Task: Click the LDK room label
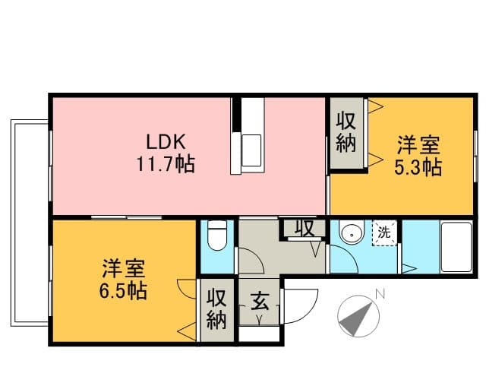coord(166,142)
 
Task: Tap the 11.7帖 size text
coord(166,164)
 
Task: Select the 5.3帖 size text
coord(418,167)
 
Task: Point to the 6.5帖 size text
coord(123,291)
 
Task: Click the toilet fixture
coord(217,235)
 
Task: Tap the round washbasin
coord(352,232)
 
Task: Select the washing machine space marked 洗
coord(384,232)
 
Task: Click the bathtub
coord(456,247)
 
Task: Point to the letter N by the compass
coord(380,294)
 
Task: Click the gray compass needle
coord(356,319)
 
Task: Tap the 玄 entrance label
coord(260,301)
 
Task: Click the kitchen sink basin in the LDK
coord(251,150)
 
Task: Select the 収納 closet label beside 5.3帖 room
coord(346,132)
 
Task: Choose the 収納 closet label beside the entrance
coord(216,309)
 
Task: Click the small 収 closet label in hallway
coord(305,228)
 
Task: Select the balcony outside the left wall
coord(30,223)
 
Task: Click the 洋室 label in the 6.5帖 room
coord(123,268)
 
